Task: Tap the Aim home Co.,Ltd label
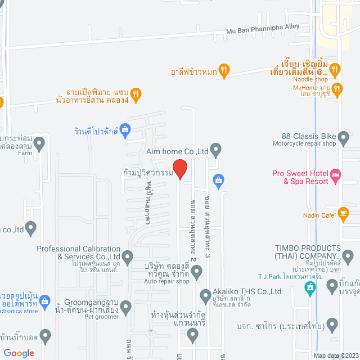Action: pyautogui.click(x=177, y=151)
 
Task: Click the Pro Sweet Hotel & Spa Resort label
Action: pyautogui.click(x=299, y=177)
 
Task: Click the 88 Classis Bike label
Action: pyautogui.click(x=309, y=137)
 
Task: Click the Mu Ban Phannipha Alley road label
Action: pyautogui.click(x=263, y=30)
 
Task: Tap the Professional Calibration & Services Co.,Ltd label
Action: pyautogui.click(x=79, y=253)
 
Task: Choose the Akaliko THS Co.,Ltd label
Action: pyautogui.click(x=247, y=291)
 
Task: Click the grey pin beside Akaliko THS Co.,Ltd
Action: pyautogui.click(x=205, y=295)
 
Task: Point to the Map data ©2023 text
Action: pyautogui.click(x=336, y=355)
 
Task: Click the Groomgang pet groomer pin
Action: pyautogui.click(x=125, y=307)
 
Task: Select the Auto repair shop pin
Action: pyautogui.click(x=196, y=272)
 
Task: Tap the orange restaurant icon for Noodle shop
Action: pyautogui.click(x=335, y=70)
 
